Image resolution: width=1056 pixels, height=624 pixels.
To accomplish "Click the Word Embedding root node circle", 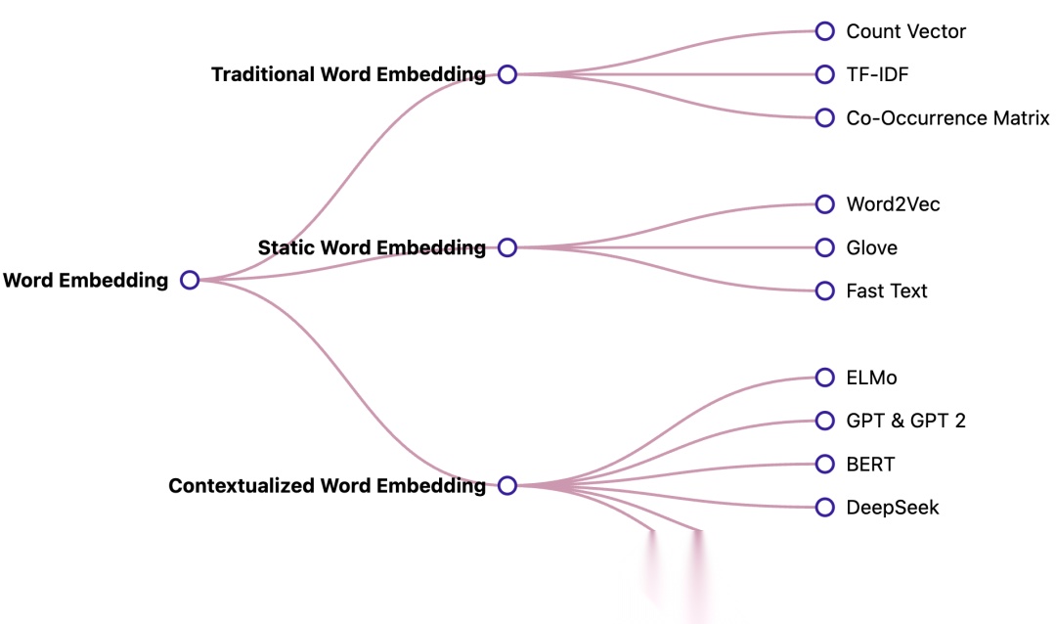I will [190, 281].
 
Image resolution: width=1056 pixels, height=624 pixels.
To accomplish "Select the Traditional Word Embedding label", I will [348, 74].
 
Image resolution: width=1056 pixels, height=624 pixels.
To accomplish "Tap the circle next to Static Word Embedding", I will [506, 247].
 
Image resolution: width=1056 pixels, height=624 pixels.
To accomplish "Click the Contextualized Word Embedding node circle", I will [506, 485].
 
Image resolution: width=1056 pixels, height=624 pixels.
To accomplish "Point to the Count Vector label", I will [905, 31].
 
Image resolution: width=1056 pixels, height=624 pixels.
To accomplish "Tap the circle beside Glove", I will [825, 247].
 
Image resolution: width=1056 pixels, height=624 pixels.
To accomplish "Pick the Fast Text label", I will [886, 290].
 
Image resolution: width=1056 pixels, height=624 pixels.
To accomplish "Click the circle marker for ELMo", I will [825, 378].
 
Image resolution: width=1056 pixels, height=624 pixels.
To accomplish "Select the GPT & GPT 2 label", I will [905, 421].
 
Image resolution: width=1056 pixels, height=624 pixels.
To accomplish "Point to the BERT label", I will [870, 464].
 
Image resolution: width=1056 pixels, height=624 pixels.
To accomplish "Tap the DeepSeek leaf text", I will [892, 507].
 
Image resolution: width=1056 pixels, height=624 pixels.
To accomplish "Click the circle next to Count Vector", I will [825, 31].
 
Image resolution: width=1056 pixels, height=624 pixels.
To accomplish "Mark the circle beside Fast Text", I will [825, 290].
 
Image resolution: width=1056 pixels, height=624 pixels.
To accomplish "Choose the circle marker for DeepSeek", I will [825, 507].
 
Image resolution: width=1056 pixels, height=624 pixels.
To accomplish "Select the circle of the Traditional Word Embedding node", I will [506, 74].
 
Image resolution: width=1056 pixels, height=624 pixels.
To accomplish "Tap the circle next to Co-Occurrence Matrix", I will [825, 117].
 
